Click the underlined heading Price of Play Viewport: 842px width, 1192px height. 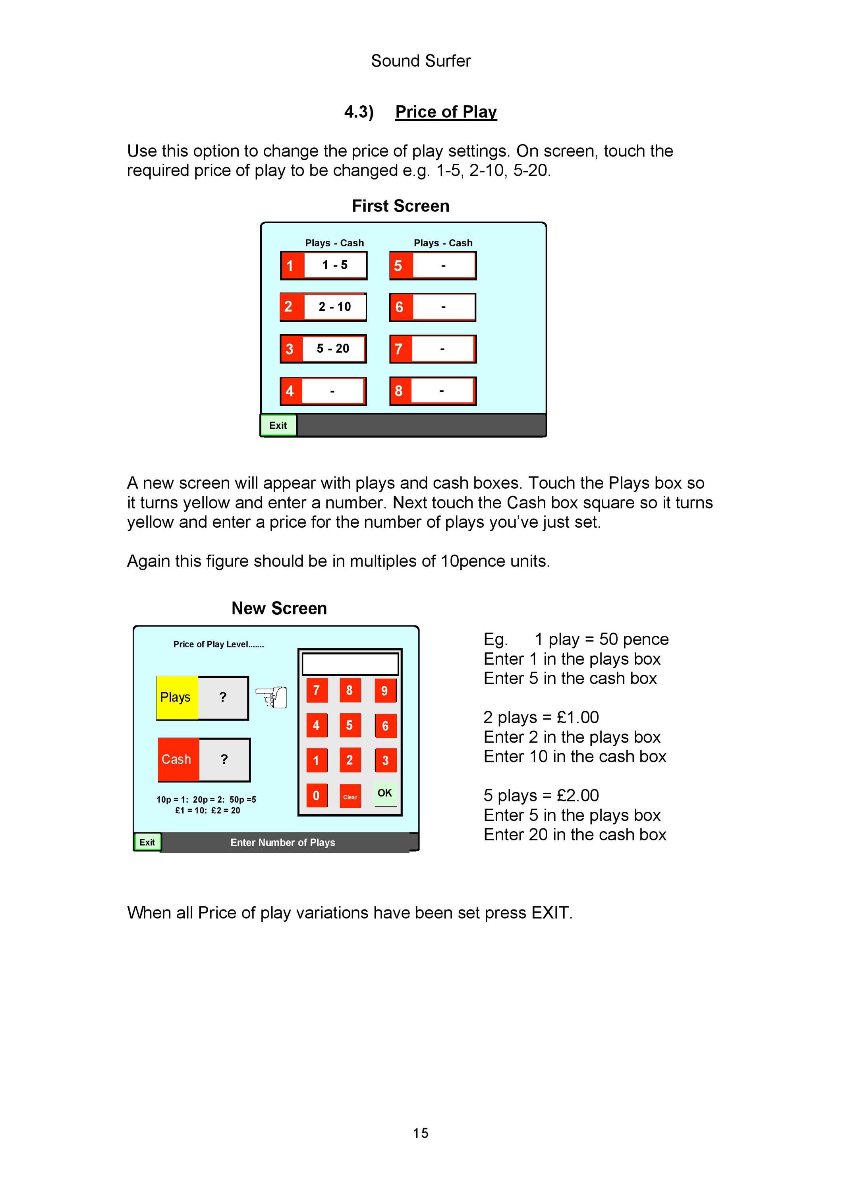(x=446, y=112)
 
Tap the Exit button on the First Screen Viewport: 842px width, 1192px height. (x=278, y=425)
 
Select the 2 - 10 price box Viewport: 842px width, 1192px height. (x=335, y=307)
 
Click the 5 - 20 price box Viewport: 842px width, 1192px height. (x=334, y=348)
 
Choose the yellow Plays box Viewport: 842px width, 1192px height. (x=177, y=697)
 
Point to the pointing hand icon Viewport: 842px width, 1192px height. (x=271, y=697)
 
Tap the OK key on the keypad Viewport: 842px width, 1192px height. (x=385, y=794)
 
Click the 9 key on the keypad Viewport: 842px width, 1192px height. (x=385, y=691)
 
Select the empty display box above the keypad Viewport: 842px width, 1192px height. (x=350, y=664)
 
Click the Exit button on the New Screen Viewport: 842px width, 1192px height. (x=147, y=842)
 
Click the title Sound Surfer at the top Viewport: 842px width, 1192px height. (x=421, y=61)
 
